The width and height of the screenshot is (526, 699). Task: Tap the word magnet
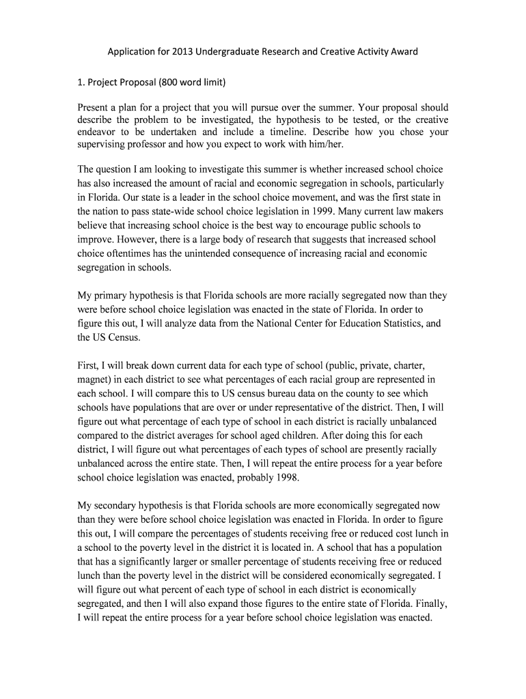click(x=97, y=379)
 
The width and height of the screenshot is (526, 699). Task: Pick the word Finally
click(x=432, y=604)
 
